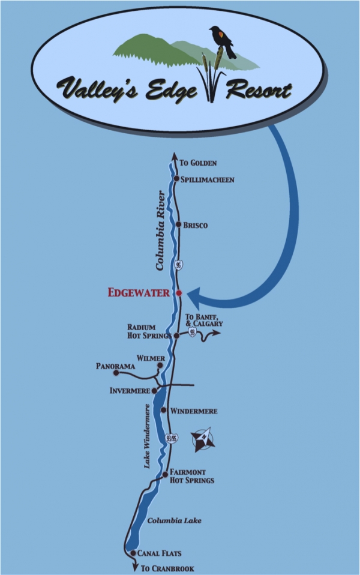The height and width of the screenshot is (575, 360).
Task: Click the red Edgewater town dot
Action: (179, 293)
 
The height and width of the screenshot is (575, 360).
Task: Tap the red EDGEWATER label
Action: (139, 293)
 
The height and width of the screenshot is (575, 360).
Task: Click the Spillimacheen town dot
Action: (176, 179)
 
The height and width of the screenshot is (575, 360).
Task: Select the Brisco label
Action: (196, 225)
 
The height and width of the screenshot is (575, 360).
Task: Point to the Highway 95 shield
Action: (178, 265)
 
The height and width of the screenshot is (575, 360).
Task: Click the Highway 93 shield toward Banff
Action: (192, 333)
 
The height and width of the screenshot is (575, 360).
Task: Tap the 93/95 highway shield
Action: (172, 438)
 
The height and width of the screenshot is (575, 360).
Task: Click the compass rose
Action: (203, 439)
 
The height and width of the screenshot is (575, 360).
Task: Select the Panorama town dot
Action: (116, 373)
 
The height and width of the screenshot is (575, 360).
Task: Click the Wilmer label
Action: (151, 358)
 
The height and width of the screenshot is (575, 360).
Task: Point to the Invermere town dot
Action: (154, 391)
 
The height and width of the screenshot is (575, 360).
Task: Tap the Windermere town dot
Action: (164, 410)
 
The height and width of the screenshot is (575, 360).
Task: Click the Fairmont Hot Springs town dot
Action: (166, 474)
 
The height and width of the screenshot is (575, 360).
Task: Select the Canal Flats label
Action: (160, 553)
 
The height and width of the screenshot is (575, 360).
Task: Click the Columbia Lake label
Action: (174, 520)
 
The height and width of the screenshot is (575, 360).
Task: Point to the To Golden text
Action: (198, 163)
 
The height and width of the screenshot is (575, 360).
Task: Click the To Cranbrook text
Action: (167, 569)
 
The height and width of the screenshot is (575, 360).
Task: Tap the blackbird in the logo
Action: (223, 41)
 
